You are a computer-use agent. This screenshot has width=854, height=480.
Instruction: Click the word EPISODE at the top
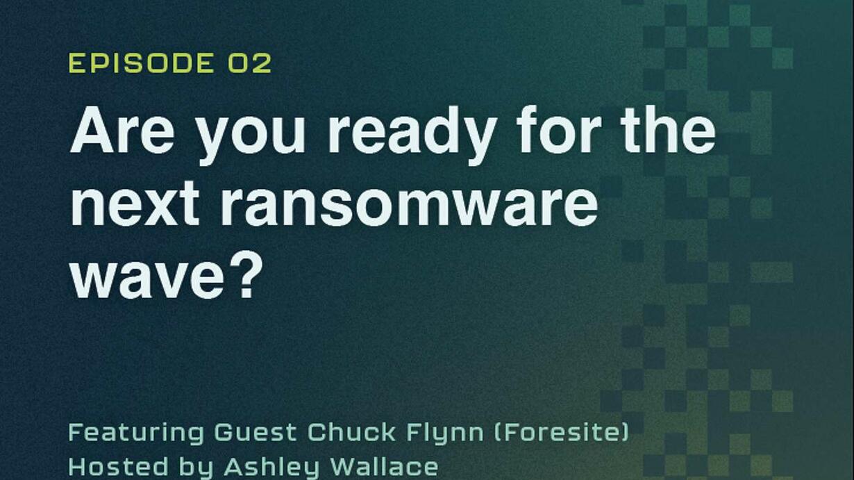pyautogui.click(x=142, y=63)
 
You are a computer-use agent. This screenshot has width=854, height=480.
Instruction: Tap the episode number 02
pyautogui.click(x=250, y=63)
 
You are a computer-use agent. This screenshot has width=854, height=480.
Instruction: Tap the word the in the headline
pyautogui.click(x=668, y=130)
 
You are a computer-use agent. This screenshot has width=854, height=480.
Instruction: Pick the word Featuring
pyautogui.click(x=136, y=433)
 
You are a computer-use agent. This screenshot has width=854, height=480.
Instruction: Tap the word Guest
pyautogui.click(x=256, y=432)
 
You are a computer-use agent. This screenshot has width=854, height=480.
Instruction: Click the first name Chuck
pyautogui.click(x=351, y=432)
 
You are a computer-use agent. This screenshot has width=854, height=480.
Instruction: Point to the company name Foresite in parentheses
pyautogui.click(x=561, y=432)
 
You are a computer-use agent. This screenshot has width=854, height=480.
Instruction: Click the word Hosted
pyautogui.click(x=118, y=466)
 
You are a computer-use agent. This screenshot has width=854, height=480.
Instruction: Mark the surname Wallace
pyautogui.click(x=384, y=466)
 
